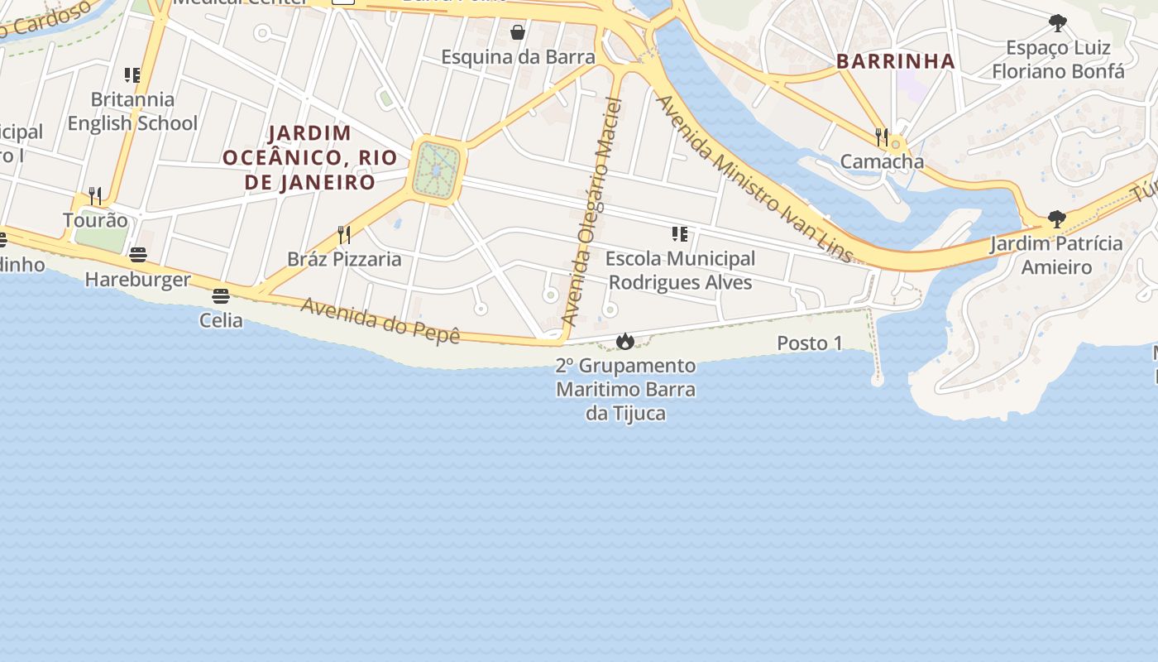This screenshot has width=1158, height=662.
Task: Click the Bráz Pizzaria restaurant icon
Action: pyautogui.click(x=344, y=235)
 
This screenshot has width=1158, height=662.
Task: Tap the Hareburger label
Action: pyautogui.click(x=137, y=280)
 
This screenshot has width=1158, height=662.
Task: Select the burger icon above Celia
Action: pyautogui.click(x=221, y=295)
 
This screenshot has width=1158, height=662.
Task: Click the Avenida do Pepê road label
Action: pyautogui.click(x=380, y=320)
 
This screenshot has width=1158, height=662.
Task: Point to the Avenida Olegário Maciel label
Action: pyautogui.click(x=591, y=211)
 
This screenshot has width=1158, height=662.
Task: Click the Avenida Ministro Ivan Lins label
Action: pyautogui.click(x=754, y=179)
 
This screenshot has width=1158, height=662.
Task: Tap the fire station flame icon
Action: pyautogui.click(x=624, y=341)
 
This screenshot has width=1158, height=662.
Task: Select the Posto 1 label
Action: pyautogui.click(x=809, y=343)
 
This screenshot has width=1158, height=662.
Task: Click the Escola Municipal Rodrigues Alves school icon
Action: pyautogui.click(x=680, y=234)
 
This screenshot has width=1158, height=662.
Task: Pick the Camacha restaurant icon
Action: pyautogui.click(x=882, y=137)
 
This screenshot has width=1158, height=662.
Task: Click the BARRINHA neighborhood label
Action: pyautogui.click(x=896, y=61)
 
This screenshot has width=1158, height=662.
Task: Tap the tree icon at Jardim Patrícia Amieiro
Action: pyautogui.click(x=1056, y=219)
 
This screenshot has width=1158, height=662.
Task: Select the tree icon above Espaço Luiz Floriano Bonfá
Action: pyautogui.click(x=1057, y=22)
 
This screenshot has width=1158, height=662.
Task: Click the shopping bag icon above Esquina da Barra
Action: pyautogui.click(x=518, y=33)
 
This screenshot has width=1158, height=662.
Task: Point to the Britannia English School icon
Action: pyautogui.click(x=132, y=75)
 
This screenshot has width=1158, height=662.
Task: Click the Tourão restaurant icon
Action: pyautogui.click(x=95, y=196)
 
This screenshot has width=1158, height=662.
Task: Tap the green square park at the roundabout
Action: pyautogui.click(x=436, y=170)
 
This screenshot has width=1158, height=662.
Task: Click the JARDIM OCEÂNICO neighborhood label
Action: pyautogui.click(x=310, y=157)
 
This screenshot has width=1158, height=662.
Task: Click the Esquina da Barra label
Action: pyautogui.click(x=518, y=57)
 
